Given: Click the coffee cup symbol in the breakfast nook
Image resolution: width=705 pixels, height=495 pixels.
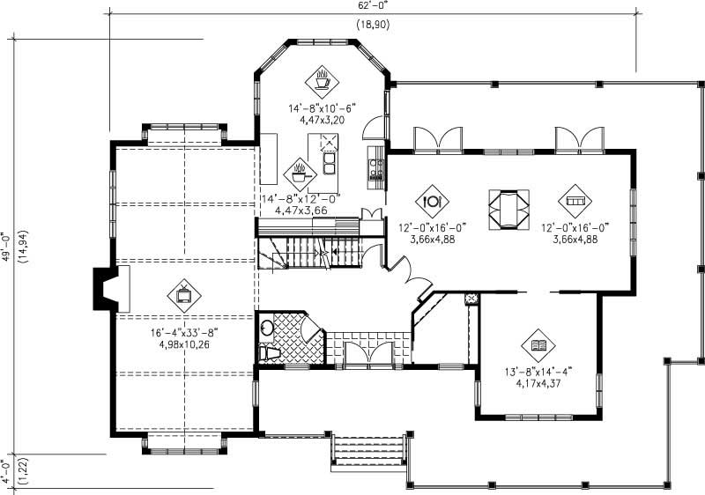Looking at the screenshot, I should [x=323, y=81].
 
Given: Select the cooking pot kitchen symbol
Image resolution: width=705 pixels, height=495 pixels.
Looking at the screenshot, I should [x=300, y=172].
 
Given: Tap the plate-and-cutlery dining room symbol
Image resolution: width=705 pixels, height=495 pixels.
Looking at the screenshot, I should [x=432, y=201].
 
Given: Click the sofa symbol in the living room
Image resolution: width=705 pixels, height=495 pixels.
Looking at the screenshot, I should [x=575, y=202].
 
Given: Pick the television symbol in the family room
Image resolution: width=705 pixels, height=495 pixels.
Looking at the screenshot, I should [x=183, y=296].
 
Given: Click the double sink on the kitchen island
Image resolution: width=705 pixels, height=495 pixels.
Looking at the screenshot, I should [x=331, y=164].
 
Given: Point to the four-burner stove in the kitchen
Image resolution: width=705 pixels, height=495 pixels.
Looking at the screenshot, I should [x=376, y=165].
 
